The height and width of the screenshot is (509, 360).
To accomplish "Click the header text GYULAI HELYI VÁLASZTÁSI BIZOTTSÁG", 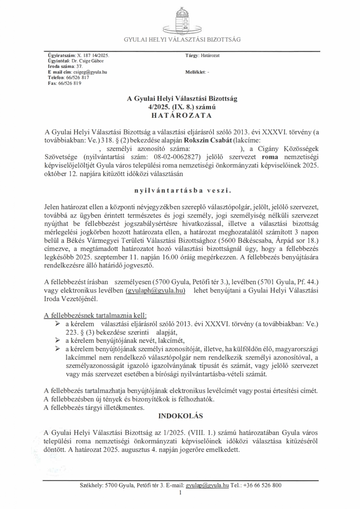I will (182, 39).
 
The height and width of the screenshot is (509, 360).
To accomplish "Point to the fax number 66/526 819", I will (70, 84).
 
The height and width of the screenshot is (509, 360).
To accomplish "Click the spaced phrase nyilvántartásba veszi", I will (182, 190).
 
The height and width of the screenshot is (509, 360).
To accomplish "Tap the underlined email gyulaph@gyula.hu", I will (156, 291).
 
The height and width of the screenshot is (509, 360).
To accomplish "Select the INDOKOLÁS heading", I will (181, 416).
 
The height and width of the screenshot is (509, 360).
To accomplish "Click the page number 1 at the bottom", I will (180, 493).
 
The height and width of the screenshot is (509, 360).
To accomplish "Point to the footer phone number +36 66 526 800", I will (262, 486).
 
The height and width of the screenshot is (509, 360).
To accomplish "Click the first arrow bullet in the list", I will (58, 324).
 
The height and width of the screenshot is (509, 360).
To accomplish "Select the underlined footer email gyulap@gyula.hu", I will (207, 486).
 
